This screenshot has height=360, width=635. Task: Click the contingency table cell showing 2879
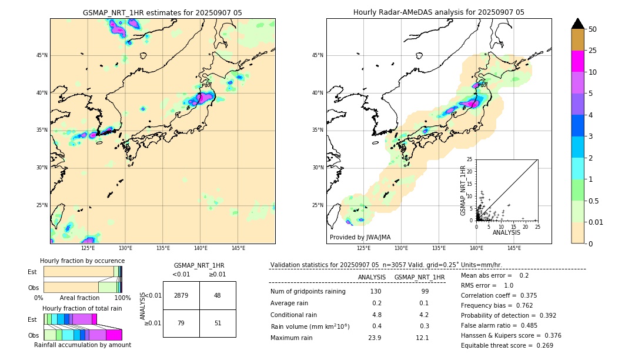tap(181, 295)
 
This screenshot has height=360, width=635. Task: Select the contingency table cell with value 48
tap(217, 295)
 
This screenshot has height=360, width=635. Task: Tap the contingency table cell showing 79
tap(181, 322)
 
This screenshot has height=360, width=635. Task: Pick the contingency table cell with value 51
tap(217, 322)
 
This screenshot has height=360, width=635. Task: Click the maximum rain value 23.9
tap(375, 338)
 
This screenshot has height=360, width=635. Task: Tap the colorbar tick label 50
tap(593, 29)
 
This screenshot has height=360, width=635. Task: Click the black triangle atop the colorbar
tap(578, 24)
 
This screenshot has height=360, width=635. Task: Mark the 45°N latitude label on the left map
tap(42, 55)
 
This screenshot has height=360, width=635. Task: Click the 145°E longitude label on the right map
tap(514, 248)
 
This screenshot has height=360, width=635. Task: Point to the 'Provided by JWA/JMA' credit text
tap(360, 238)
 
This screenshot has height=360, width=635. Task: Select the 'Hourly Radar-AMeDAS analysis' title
tap(439, 12)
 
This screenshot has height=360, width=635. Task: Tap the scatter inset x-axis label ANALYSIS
tap(506, 232)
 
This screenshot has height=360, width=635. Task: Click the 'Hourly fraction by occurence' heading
tap(82, 261)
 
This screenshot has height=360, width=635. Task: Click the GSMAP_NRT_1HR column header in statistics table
tap(419, 277)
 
